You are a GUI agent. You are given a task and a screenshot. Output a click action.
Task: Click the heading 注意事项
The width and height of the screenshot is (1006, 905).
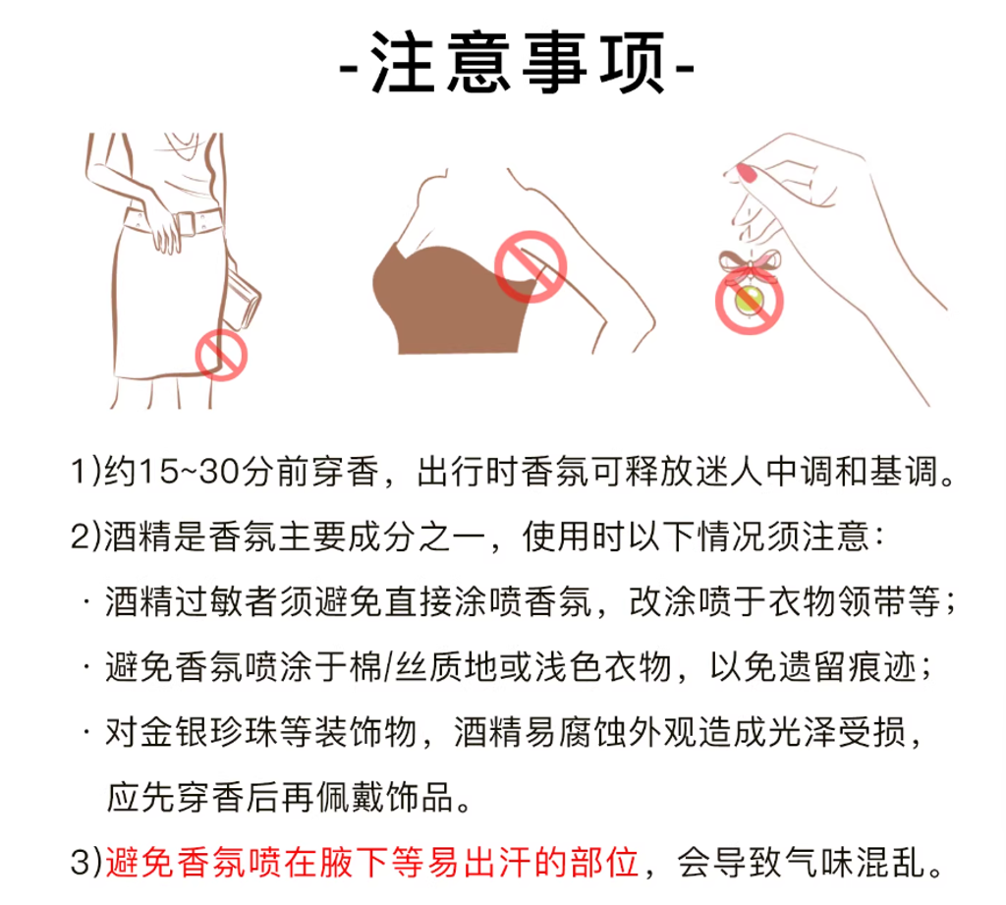point(517,63)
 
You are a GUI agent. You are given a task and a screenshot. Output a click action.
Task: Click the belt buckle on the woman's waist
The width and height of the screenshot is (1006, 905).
point(186,223)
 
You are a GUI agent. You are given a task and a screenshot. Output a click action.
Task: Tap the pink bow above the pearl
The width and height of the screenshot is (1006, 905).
point(749,263)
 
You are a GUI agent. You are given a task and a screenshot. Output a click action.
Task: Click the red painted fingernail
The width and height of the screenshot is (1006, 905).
point(747,173)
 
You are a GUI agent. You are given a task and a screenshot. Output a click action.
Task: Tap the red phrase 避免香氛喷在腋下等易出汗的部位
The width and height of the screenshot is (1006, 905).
point(372,862)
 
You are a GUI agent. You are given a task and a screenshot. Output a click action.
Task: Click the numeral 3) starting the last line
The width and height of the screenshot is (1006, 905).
point(86,862)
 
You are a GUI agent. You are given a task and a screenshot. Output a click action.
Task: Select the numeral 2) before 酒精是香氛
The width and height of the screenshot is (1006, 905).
point(86,537)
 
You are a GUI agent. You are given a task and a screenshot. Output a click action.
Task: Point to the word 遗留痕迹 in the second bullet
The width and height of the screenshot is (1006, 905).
point(848,667)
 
